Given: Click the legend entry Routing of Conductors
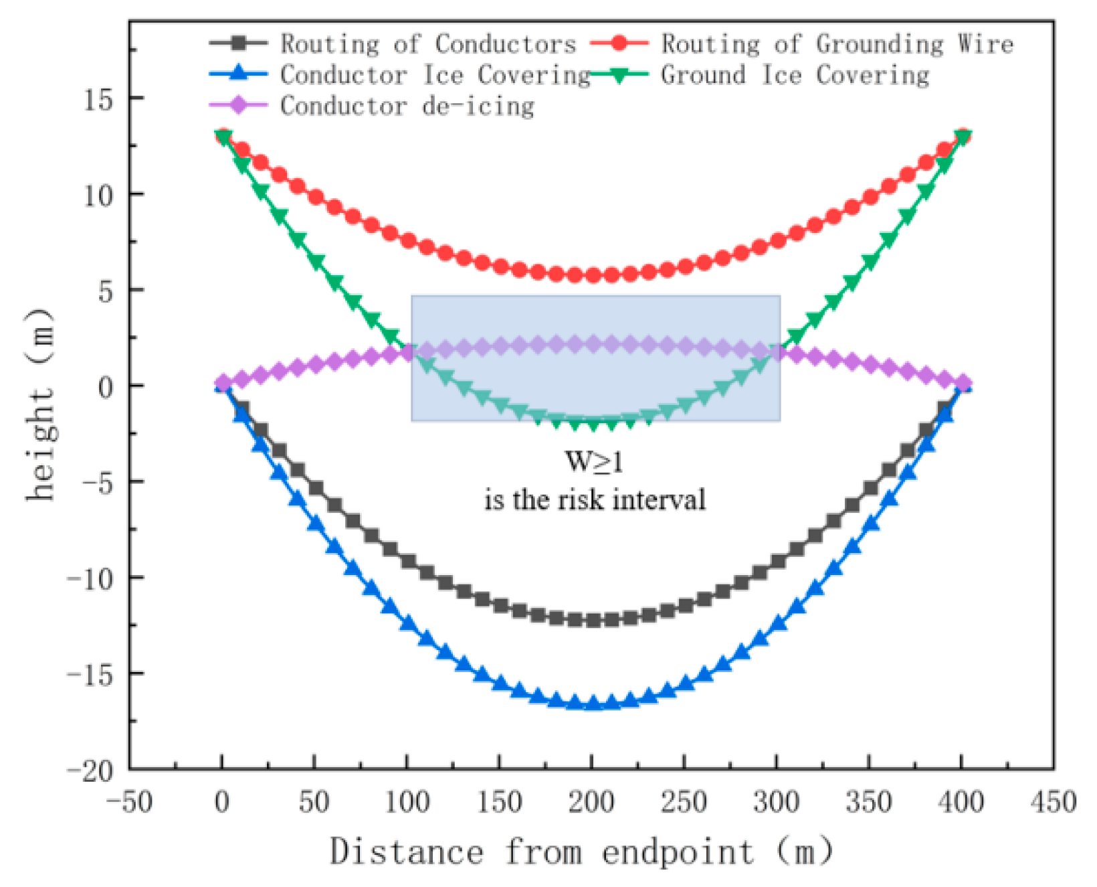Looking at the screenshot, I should click(428, 44).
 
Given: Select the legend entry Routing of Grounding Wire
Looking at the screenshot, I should click(837, 44).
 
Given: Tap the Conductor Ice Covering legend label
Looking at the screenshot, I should click(435, 75).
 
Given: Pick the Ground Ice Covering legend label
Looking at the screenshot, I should click(795, 75).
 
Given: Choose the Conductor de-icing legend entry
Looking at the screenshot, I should click(407, 106).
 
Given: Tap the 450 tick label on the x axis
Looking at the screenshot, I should click(1053, 802).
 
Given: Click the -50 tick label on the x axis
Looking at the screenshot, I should click(130, 802).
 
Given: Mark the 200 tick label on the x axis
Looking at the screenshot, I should click(591, 802).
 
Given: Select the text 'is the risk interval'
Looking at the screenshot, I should click(595, 500).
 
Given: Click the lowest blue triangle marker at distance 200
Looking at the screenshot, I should click(593, 703).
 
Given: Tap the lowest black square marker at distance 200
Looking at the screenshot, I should click(593, 621).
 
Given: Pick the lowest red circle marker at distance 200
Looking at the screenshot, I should click(593, 275).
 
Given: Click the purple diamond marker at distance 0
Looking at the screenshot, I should click(223, 384).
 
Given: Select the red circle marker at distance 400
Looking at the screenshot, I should click(963, 136).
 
